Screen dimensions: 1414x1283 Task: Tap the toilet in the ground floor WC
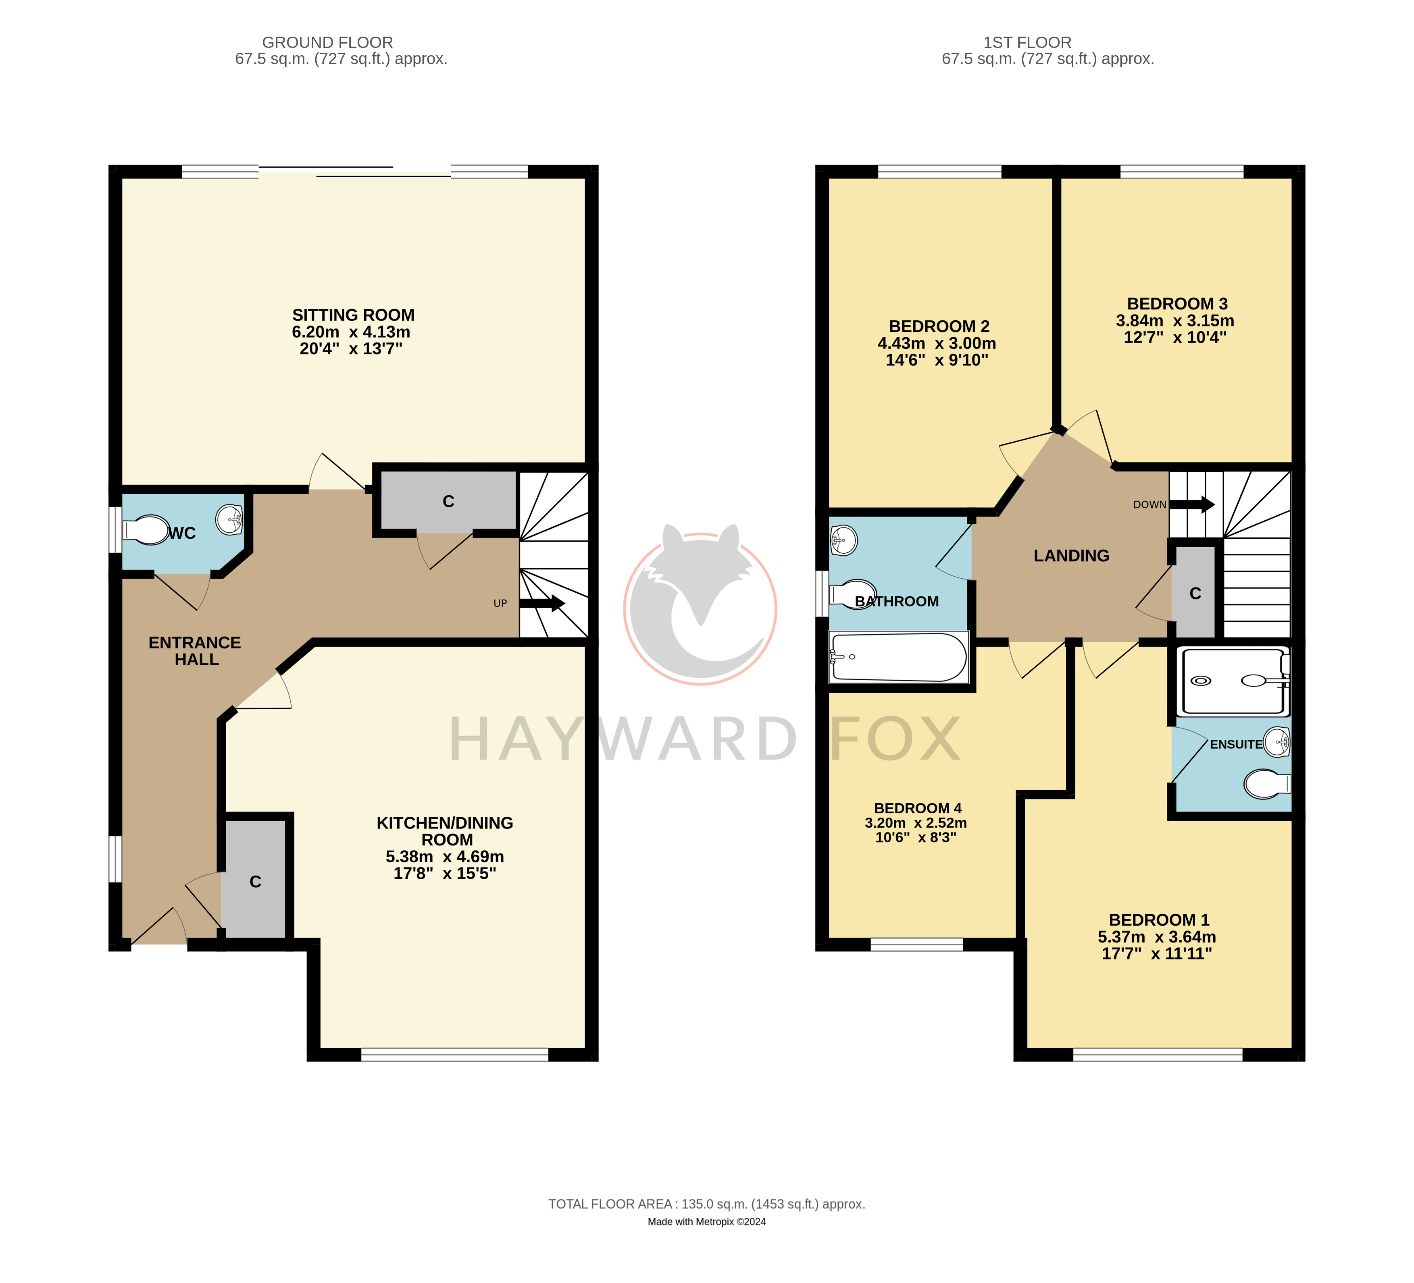[146, 530]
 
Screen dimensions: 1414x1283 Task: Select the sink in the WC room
[229, 519]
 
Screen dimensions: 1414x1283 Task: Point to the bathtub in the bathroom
[898, 657]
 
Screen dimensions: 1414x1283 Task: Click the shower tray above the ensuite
[1235, 681]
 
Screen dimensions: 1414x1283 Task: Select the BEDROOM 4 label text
[917, 808]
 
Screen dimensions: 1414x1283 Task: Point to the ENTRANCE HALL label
[195, 651]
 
